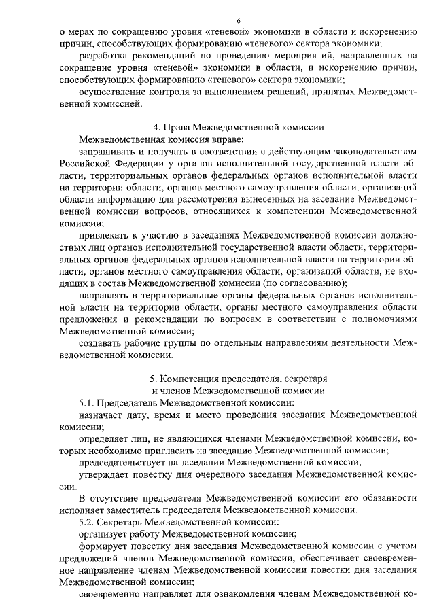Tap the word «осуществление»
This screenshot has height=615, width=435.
pos(113,93)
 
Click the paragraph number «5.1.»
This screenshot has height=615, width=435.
pos(88,403)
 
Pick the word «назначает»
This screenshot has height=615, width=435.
pos(102,415)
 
